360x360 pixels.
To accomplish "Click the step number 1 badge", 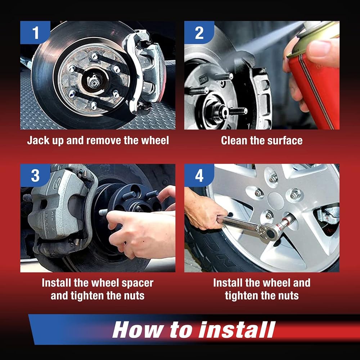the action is pos(35,32).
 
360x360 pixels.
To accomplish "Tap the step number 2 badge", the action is pos(199,32).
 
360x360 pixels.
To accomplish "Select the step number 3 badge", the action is pos(35,175).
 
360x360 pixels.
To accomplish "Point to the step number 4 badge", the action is pos(199,175).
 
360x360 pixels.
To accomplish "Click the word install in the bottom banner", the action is pos(237,330).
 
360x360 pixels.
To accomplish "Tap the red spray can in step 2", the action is pos(315,76).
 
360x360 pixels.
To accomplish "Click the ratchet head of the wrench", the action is pos(270,232).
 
